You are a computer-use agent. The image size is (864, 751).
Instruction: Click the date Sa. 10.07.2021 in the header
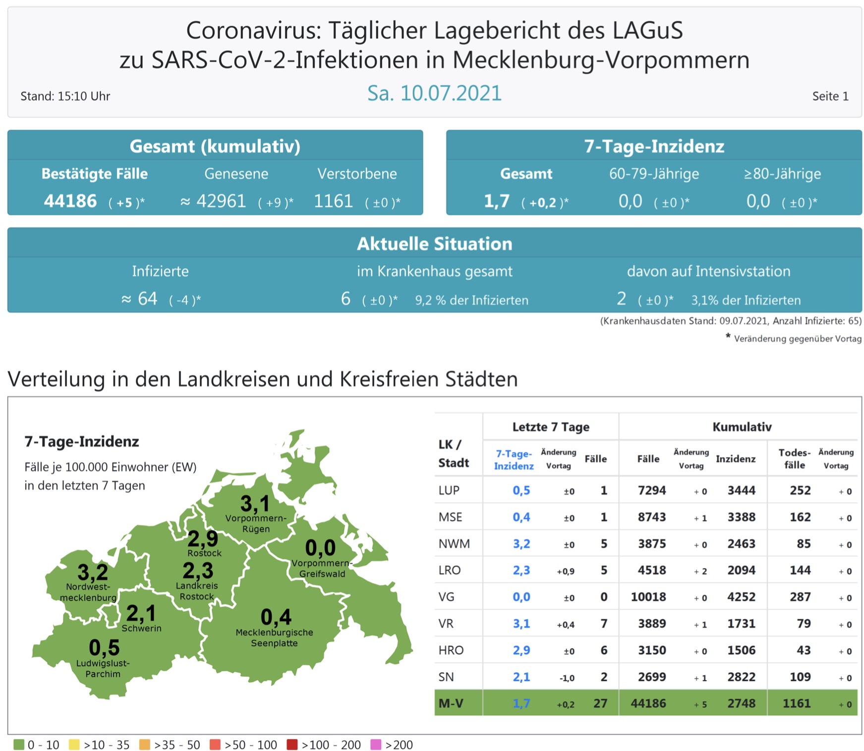tap(434, 93)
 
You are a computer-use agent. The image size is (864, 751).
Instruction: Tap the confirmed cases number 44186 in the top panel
tap(70, 201)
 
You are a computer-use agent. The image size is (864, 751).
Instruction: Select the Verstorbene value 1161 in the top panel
tap(333, 201)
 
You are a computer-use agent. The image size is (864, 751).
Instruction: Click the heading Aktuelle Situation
tap(434, 244)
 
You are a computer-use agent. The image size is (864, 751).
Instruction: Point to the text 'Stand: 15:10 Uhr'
tap(65, 96)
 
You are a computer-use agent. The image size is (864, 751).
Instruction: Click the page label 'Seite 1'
tap(830, 96)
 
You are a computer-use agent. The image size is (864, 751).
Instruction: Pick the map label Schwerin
tap(141, 628)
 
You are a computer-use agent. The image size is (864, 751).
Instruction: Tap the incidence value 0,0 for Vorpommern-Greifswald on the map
tap(320, 548)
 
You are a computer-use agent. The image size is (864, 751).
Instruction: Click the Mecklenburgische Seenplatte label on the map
tap(274, 637)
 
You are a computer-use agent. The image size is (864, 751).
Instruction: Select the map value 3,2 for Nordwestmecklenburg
tap(93, 573)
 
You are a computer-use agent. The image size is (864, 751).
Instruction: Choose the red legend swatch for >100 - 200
tap(292, 745)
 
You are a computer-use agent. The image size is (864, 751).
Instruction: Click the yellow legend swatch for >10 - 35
tap(74, 745)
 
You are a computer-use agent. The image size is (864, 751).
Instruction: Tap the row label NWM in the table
tap(454, 544)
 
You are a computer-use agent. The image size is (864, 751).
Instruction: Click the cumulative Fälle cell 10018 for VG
tap(648, 597)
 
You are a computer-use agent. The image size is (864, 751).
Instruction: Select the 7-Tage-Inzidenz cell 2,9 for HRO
tap(521, 650)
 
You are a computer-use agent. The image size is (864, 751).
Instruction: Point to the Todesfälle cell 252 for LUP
tap(800, 490)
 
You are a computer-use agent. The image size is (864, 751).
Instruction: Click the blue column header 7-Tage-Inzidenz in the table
tap(514, 460)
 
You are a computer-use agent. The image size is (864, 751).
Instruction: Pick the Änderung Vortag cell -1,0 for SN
tap(567, 678)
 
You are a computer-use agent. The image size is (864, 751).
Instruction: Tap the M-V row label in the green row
tap(451, 703)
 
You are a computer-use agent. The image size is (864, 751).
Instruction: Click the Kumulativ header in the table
tap(742, 427)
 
